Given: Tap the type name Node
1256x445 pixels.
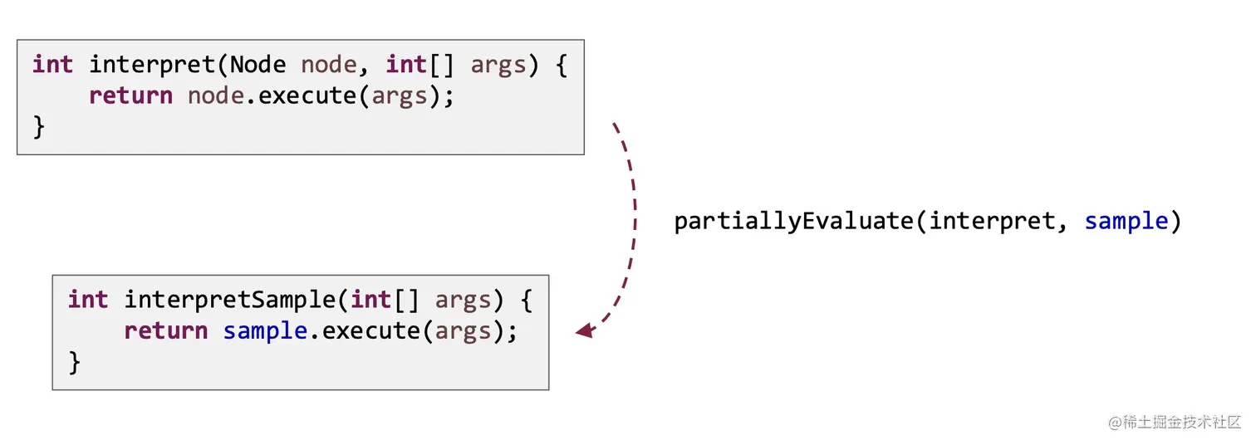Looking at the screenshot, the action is click(258, 65).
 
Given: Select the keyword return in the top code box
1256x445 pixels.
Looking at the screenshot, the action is click(130, 95).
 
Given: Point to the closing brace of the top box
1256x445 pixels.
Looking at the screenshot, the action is click(38, 126).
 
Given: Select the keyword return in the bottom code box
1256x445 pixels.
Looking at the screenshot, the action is click(166, 330).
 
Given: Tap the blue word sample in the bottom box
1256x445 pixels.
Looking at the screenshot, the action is click(265, 330).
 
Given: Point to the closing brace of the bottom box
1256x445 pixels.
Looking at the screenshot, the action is click(74, 362).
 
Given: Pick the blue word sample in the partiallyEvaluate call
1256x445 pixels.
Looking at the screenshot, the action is click(1126, 222).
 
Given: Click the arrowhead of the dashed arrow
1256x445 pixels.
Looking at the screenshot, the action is click(585, 330).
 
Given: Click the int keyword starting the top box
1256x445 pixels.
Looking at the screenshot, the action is click(52, 65).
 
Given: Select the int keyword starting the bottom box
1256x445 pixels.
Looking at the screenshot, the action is click(88, 300).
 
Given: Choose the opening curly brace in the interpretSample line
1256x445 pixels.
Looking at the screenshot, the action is click(526, 300).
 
